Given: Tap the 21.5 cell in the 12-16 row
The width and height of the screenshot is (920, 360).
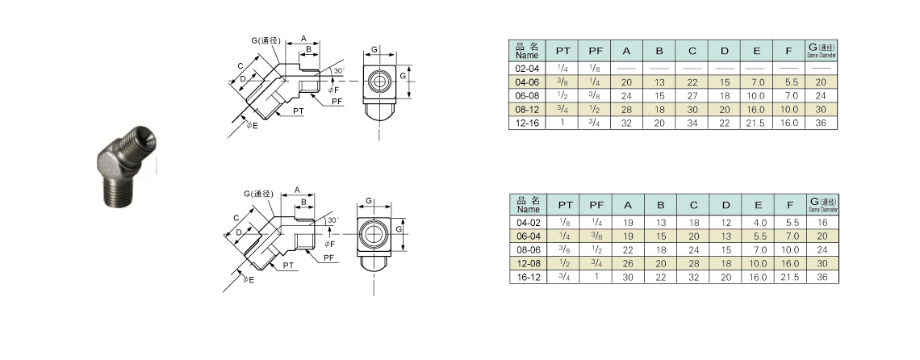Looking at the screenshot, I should click(x=756, y=123).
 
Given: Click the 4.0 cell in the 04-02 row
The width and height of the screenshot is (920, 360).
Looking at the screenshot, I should click(x=756, y=223).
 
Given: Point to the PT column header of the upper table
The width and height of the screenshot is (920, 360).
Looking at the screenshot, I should click(x=564, y=52).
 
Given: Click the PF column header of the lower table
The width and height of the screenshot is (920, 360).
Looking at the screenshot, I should click(x=596, y=205).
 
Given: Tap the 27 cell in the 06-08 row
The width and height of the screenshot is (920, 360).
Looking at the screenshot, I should click(x=692, y=96).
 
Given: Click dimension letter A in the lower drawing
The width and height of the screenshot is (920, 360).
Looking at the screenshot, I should click(x=298, y=190).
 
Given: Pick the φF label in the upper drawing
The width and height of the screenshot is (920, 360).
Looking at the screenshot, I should click(x=333, y=89).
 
